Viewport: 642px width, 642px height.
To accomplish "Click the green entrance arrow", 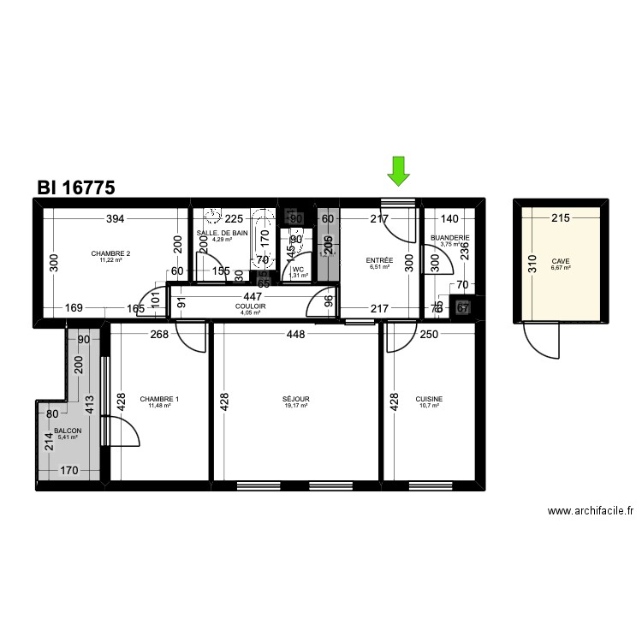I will tap(397, 171).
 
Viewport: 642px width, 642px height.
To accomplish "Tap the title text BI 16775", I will tap(76, 187).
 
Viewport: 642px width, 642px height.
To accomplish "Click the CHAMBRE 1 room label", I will tap(160, 399).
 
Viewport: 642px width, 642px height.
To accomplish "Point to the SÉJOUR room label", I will tap(295, 399).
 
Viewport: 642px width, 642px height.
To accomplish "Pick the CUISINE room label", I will tap(429, 399).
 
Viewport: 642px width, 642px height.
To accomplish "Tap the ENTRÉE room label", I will tap(379, 260).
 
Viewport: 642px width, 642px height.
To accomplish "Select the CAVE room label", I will tap(561, 261).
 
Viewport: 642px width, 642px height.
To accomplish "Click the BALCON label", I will tap(68, 431).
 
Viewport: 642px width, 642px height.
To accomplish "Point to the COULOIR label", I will tap(251, 306).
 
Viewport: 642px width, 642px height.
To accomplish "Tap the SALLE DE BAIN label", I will tap(222, 233).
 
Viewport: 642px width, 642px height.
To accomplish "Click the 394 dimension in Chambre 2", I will tap(116, 219).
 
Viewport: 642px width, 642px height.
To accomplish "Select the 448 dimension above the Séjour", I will tap(295, 335).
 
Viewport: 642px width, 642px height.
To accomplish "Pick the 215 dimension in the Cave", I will tap(560, 219).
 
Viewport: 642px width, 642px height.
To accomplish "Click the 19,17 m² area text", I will tap(295, 406).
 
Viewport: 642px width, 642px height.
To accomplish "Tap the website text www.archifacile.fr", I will tap(590, 511).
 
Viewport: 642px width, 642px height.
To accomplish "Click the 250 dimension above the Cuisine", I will tap(430, 335).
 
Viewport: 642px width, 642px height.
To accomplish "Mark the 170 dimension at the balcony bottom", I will tap(70, 470).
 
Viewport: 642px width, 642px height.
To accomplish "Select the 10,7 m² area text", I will tap(429, 406).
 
